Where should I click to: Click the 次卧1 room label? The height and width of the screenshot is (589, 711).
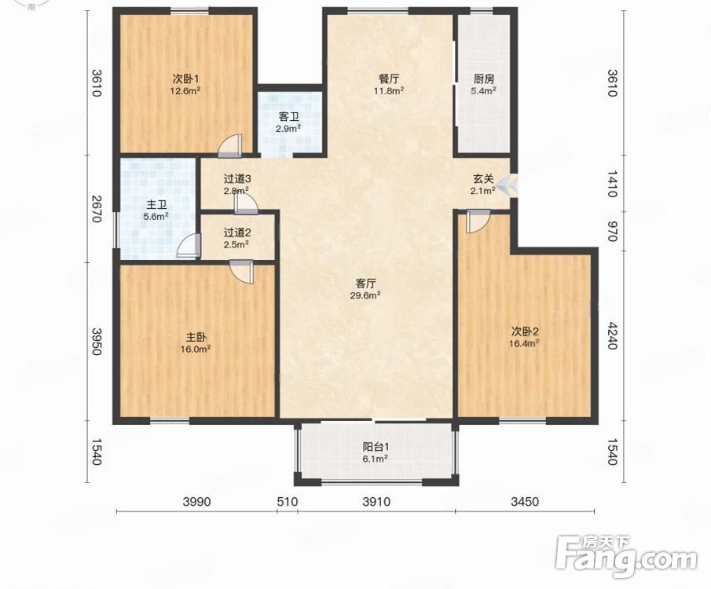coord(185,79)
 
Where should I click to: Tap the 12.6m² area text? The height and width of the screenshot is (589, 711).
coord(185,90)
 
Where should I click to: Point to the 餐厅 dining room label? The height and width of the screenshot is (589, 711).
coord(389,79)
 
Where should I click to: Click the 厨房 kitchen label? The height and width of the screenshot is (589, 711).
coord(483,79)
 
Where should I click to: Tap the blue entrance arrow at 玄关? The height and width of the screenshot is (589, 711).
coord(507,185)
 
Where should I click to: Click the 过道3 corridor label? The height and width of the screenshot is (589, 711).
coord(236,179)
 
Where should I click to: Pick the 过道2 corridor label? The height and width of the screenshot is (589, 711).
coord(236,233)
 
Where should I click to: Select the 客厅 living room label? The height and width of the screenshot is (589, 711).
coord(365,284)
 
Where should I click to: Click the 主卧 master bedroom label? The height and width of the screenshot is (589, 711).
coord(196,338)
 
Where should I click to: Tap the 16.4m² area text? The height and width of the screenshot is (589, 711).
coord(524,343)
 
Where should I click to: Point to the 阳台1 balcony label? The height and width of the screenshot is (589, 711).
coord(376,447)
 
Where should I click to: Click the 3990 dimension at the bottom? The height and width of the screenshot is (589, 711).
coord(196,502)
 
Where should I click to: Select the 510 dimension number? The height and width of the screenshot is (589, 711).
coord(288,502)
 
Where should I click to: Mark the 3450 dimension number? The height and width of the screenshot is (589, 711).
coord(525,502)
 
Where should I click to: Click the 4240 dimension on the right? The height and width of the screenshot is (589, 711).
coord(612,336)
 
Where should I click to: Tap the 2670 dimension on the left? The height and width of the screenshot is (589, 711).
coord(96,209)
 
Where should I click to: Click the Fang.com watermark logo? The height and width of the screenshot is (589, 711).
coord(626,557)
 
